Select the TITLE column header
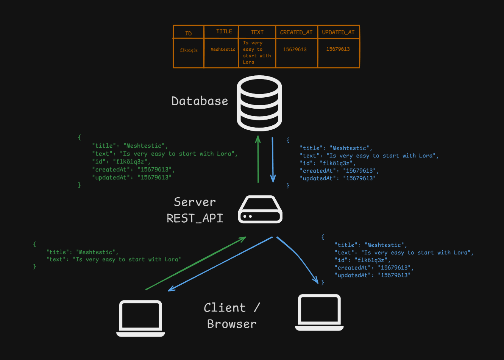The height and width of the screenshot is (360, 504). pos(224,32)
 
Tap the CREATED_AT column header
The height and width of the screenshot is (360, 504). pos(296,32)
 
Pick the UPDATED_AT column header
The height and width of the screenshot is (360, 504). pos(338,32)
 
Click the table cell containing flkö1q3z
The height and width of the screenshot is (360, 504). pos(189,50)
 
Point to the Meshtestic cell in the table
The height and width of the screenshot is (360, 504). pos(223,49)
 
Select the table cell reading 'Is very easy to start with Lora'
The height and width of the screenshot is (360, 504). pos(257,53)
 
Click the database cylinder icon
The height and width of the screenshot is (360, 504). pos(259,103)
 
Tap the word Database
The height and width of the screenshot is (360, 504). pos(200,101)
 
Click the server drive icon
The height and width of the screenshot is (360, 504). pos(260,209)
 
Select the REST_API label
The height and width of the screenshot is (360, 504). pos(195,218)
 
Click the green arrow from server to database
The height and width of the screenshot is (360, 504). pos(258,159)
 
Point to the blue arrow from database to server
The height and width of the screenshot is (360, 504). pos(273,159)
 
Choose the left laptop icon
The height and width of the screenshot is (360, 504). pos(140,318)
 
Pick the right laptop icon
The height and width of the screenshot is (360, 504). pos(319,313)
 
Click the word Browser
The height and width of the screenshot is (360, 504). pos(232,324)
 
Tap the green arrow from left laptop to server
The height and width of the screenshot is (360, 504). pos(195,264)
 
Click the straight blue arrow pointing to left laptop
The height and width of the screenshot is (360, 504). pos(220,264)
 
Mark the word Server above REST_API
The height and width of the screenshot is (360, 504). pos(195,202)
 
